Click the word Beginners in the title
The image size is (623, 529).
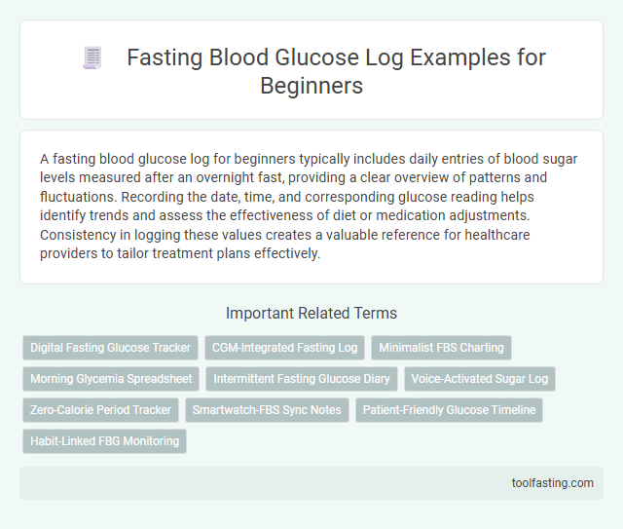(311, 86)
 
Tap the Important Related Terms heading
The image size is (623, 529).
(311, 313)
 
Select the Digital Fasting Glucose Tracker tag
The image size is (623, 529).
(110, 348)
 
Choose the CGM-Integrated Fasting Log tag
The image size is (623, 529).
(283, 348)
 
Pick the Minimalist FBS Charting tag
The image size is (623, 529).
(441, 348)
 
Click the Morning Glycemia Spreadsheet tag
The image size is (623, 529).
(110, 379)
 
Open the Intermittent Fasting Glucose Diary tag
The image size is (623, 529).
(301, 379)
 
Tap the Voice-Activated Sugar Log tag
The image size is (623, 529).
(479, 379)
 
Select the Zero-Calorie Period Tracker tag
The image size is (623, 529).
(100, 410)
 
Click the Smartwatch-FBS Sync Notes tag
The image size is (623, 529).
(267, 410)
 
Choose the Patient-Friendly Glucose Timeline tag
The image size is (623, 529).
(449, 410)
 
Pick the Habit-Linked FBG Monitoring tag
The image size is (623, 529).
(104, 441)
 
